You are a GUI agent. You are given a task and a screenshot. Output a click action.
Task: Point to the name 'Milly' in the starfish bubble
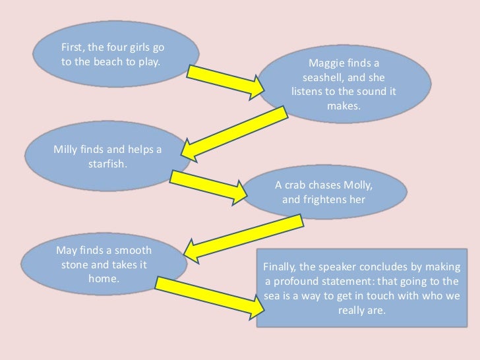coord(65,149)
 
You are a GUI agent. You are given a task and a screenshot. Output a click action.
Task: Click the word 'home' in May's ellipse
coord(102,278)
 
